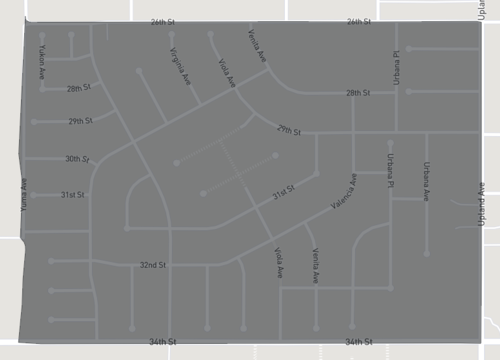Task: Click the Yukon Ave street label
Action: [x=42, y=61]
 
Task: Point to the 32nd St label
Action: [x=152, y=265]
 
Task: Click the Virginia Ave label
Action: [x=179, y=65]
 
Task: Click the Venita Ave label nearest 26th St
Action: [x=257, y=47]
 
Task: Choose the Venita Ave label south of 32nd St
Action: [x=315, y=263]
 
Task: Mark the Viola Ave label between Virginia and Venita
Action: [x=225, y=73]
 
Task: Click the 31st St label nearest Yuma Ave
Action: [x=72, y=194]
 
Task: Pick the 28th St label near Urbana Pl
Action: [x=358, y=93]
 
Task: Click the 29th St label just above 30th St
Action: [x=80, y=121]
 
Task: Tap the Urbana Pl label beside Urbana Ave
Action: [x=391, y=161]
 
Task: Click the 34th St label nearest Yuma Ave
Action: [x=162, y=342]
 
